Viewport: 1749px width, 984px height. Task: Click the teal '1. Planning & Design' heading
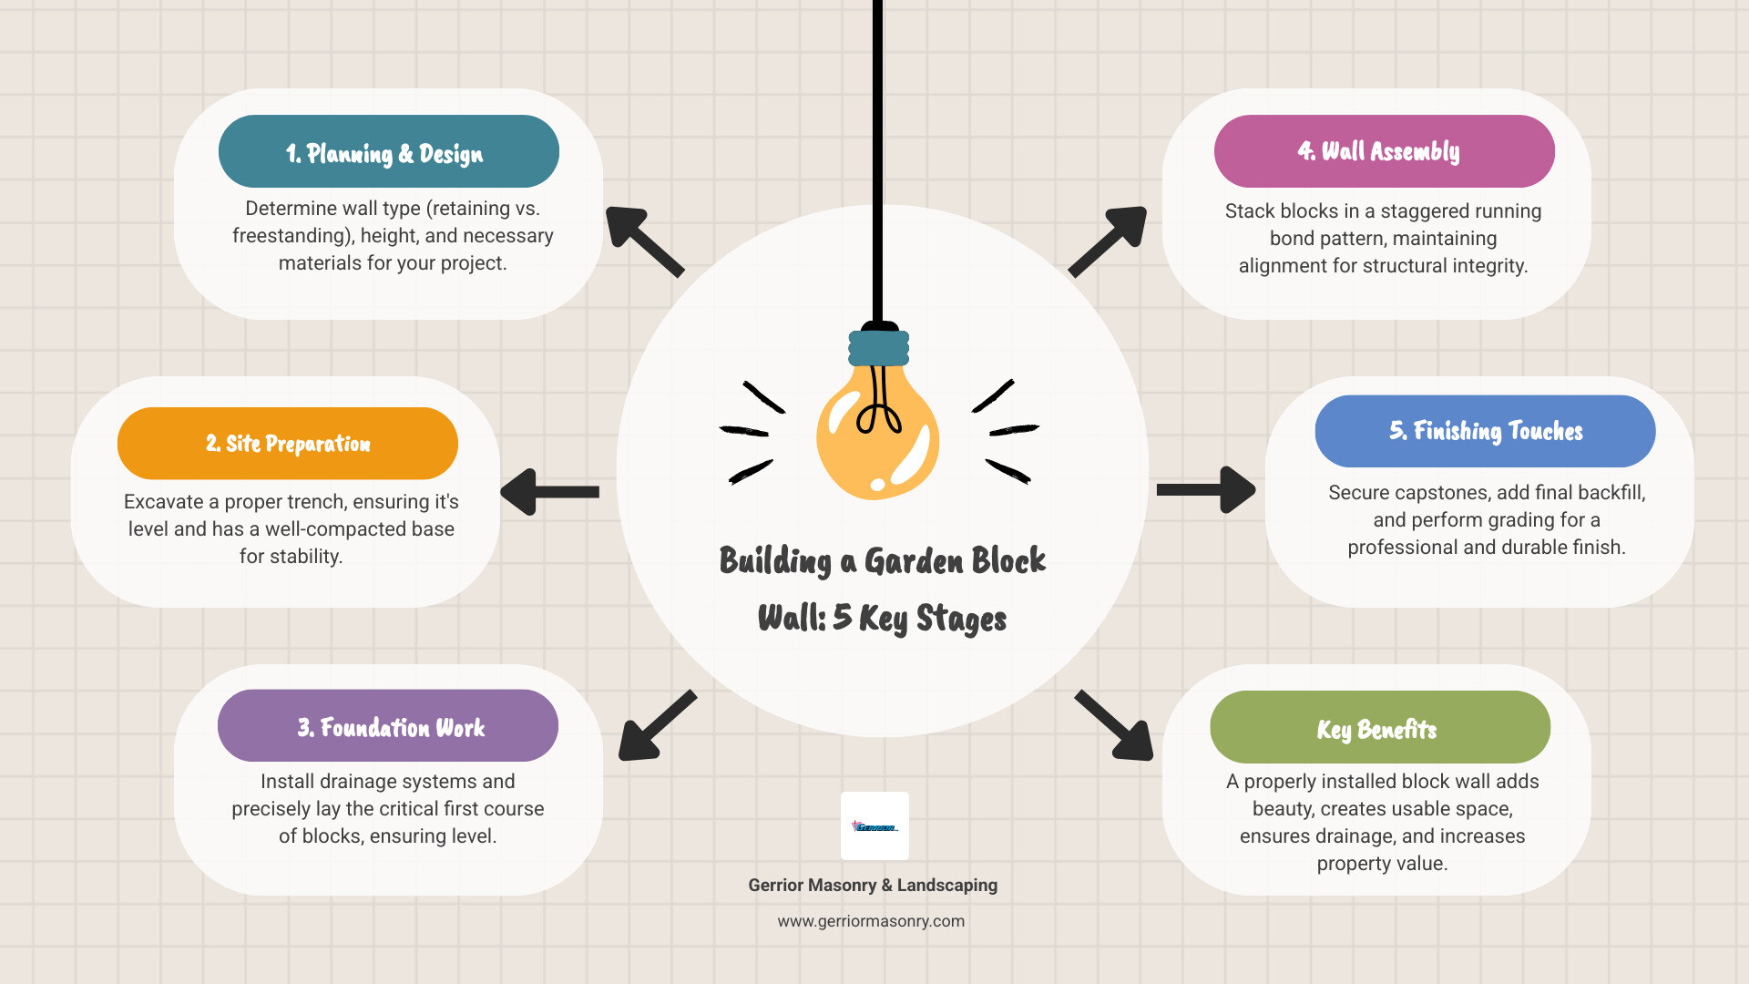point(388,151)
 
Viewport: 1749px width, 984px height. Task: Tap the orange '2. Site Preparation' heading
point(288,444)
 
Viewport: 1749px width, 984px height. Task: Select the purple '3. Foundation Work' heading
point(388,726)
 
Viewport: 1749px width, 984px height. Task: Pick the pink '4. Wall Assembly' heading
point(1384,151)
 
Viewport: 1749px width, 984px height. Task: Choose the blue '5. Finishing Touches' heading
point(1485,431)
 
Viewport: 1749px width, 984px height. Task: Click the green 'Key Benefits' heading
point(1379,728)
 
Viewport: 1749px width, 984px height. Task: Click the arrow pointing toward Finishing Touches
point(1206,490)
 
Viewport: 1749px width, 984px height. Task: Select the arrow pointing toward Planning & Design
point(643,241)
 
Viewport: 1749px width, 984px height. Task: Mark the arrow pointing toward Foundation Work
point(657,725)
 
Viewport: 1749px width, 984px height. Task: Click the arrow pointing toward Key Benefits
point(1115,725)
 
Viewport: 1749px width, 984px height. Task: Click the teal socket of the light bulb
point(879,348)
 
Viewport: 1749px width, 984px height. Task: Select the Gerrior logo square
point(874,825)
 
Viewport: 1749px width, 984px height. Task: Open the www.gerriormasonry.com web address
point(871,921)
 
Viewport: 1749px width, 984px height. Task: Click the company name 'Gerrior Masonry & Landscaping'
point(873,885)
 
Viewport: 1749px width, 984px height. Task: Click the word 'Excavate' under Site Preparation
point(163,502)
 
